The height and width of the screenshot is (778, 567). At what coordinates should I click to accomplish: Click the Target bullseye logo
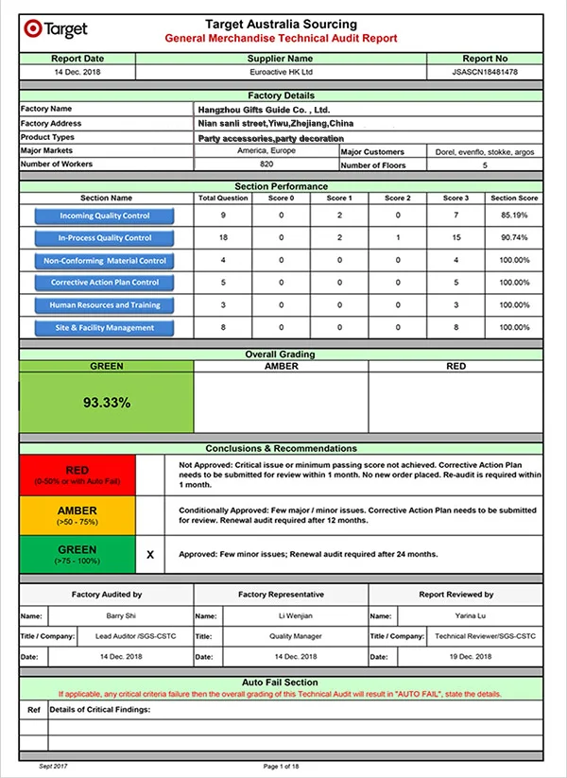[x=32, y=29]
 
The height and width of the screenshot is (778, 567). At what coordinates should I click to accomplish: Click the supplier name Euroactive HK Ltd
[x=294, y=72]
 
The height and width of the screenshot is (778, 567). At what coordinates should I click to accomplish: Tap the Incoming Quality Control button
[x=105, y=216]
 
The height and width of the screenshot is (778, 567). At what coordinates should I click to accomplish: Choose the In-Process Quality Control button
[x=105, y=238]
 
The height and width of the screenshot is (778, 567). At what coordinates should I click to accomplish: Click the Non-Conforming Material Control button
[x=105, y=261]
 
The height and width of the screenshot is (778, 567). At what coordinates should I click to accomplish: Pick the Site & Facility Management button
[x=105, y=328]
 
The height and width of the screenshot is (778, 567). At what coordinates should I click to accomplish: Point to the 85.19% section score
[x=515, y=216]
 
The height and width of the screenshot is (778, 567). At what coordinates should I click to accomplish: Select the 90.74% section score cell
[x=515, y=238]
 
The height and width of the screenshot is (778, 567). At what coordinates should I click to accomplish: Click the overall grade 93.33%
[x=107, y=402]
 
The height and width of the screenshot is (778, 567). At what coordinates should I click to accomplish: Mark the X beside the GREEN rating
[x=150, y=555]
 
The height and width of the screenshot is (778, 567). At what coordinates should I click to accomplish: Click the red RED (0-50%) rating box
[x=77, y=475]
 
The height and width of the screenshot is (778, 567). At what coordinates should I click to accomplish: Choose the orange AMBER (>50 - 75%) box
[x=77, y=515]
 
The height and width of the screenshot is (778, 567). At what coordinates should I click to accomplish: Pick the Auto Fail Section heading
[x=281, y=683]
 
